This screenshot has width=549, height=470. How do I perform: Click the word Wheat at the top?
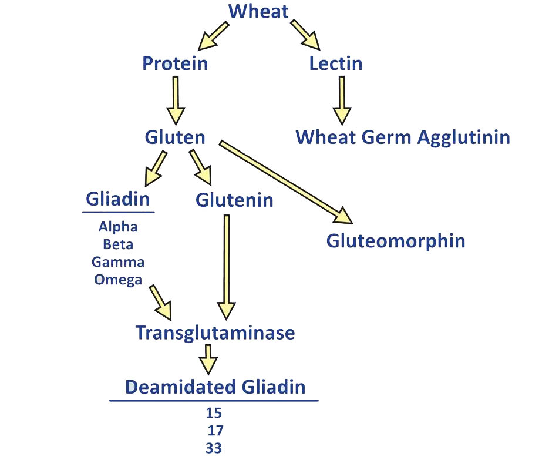tap(258, 11)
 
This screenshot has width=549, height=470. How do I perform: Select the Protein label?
tap(175, 63)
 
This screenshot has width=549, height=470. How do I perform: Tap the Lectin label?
tap(335, 63)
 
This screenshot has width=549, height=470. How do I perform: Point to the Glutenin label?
tap(234, 200)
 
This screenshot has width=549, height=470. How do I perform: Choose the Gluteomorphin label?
tap(396, 240)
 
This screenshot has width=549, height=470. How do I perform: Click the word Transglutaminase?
tap(215, 333)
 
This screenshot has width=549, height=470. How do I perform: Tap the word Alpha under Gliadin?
tap(118, 226)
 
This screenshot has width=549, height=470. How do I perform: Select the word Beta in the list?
tap(118, 244)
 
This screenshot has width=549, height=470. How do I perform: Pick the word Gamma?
tap(118, 261)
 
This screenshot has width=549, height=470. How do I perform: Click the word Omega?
tap(118, 279)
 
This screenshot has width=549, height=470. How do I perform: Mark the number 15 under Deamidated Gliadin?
tap(214, 412)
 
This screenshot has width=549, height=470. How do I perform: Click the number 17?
tap(215, 430)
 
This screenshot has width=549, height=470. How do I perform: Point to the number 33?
tap(214, 448)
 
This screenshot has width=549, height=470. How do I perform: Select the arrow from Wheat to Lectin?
tap(305, 34)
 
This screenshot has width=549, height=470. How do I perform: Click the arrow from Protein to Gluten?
tap(175, 100)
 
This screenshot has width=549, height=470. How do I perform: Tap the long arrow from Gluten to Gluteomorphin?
tap(285, 182)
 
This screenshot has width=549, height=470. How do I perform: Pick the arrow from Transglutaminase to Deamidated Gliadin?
tap(207, 360)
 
